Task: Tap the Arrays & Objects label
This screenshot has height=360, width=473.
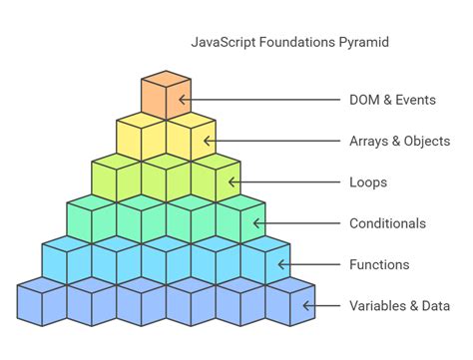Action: coord(399,141)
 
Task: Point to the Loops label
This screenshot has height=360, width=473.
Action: coord(368,182)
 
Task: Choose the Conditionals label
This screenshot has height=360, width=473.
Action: coord(387,223)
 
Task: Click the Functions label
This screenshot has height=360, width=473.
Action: coord(379,264)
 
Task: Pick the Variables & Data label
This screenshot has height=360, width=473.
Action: coord(399,305)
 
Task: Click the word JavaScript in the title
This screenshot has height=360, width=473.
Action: coord(221,43)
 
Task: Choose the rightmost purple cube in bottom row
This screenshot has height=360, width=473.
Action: coord(289,304)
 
